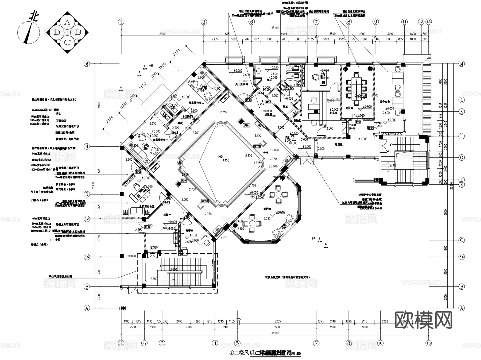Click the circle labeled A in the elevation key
click(67, 22)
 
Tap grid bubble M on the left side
click(87, 64)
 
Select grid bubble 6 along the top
click(252, 22)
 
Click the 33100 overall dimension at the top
click(275, 28)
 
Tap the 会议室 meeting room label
click(349, 108)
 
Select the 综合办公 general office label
click(385, 102)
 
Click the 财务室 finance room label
click(333, 113)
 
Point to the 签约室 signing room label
click(267, 208)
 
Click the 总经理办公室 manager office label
click(147, 206)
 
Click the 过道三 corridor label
click(339, 144)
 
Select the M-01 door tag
click(138, 172)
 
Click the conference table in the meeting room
click(356, 88)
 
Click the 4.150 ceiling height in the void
click(226, 160)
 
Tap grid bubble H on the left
click(87, 146)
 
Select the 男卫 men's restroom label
click(285, 107)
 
